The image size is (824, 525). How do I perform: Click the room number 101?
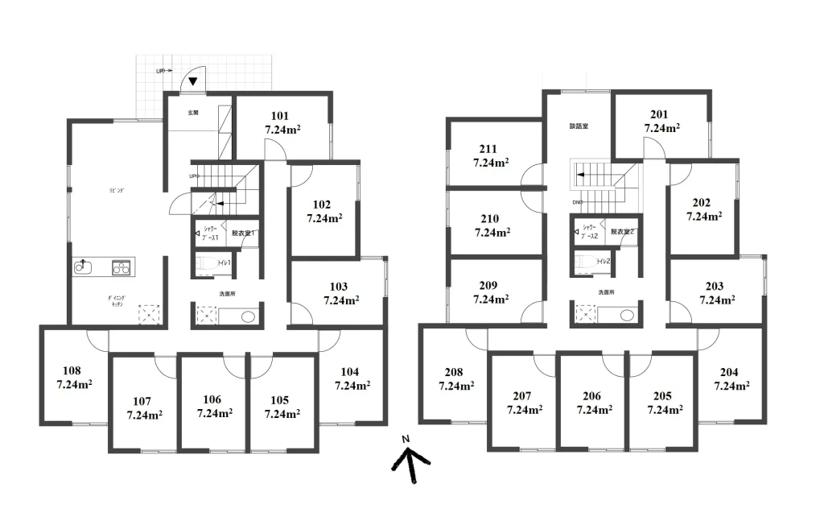(x=280, y=115)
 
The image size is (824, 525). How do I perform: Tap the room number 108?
(x=72, y=371)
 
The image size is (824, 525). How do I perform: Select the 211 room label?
(x=488, y=149)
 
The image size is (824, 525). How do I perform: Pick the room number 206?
(x=592, y=396)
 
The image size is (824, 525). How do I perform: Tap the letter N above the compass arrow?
(x=406, y=438)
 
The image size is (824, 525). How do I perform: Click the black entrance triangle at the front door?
(x=194, y=81)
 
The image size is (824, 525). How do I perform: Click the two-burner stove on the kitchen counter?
(x=121, y=267)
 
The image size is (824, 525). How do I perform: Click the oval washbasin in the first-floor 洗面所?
(x=247, y=316)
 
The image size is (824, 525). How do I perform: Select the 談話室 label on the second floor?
(x=579, y=126)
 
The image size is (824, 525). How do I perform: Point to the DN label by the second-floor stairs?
(x=576, y=203)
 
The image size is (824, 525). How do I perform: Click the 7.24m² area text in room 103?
(x=340, y=300)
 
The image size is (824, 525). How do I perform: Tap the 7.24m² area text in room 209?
(x=491, y=299)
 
